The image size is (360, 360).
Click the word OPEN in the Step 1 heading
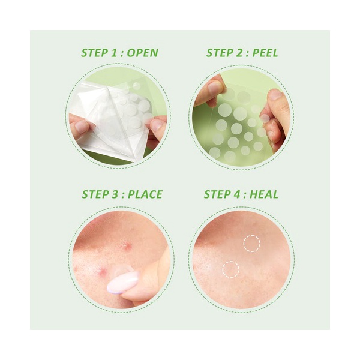click(x=143, y=53)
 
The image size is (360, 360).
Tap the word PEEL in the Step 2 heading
click(x=265, y=53)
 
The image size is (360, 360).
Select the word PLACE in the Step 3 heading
click(x=145, y=194)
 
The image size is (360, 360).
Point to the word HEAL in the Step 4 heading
click(x=264, y=194)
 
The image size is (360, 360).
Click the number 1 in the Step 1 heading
click(x=114, y=53)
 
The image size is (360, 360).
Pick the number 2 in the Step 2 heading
click(x=240, y=53)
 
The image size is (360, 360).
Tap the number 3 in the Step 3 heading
click(x=115, y=194)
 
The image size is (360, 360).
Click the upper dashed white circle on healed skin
click(x=252, y=236)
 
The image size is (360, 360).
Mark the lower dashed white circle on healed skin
click(x=231, y=262)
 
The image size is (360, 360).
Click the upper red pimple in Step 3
click(x=126, y=246)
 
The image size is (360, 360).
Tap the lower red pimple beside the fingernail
click(x=102, y=271)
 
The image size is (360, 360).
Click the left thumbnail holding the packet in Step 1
click(x=82, y=126)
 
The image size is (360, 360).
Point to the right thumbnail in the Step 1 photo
click(x=157, y=124)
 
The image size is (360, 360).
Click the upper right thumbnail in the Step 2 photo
click(x=275, y=94)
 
